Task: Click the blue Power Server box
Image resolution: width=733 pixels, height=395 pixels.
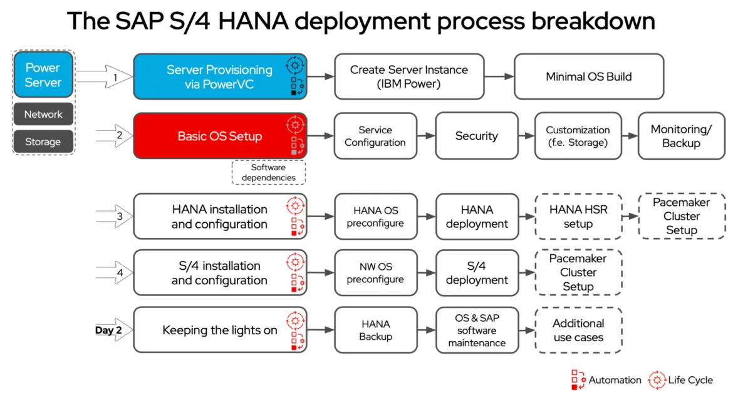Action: click(43, 75)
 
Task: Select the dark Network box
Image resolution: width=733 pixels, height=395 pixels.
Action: click(43, 114)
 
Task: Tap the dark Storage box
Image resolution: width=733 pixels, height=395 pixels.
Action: click(43, 141)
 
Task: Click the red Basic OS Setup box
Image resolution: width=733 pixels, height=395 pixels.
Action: click(219, 136)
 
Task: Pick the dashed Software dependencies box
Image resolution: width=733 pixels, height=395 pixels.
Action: click(268, 172)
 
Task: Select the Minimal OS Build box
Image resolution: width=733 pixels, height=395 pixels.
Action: click(588, 76)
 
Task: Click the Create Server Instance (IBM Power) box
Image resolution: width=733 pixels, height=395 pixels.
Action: click(408, 76)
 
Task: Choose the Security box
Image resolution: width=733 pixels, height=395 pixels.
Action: click(476, 136)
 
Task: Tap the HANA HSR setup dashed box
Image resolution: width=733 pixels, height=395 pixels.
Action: click(578, 217)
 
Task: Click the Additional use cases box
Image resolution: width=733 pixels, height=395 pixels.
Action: click(578, 330)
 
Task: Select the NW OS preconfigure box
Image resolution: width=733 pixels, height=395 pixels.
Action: click(375, 273)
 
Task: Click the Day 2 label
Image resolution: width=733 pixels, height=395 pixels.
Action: click(108, 330)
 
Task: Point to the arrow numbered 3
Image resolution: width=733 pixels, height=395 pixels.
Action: click(115, 217)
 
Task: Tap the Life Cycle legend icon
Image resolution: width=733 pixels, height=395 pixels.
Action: click(657, 379)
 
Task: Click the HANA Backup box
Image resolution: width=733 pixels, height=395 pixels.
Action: click(375, 330)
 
